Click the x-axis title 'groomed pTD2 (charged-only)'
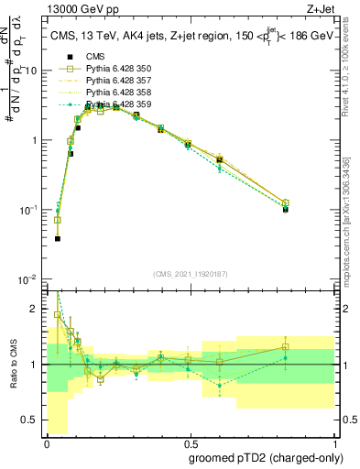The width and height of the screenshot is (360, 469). coord(267,458)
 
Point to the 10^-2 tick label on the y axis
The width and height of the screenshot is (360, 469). coord(28,279)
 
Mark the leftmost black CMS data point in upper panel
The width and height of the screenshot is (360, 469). coord(58,238)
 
